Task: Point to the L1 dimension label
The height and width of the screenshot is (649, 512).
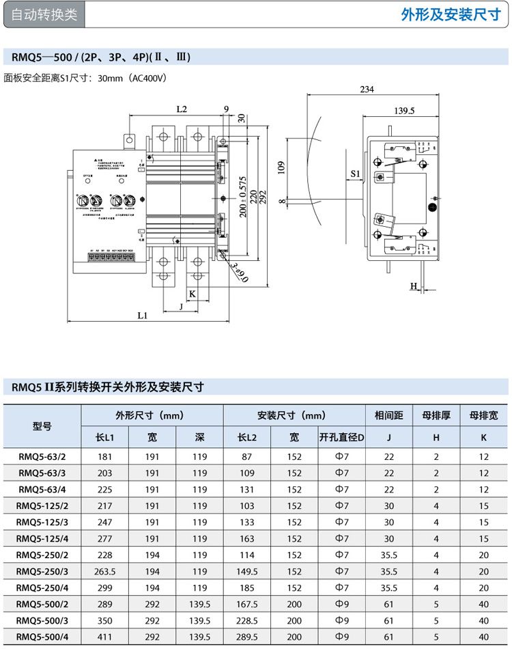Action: pyautogui.click(x=142, y=316)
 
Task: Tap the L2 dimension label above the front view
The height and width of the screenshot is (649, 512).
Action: pyautogui.click(x=182, y=109)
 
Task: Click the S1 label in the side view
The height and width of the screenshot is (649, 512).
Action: pyautogui.click(x=355, y=174)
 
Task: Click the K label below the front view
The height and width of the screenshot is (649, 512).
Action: pyautogui.click(x=193, y=294)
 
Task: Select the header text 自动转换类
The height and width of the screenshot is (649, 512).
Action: pyautogui.click(x=44, y=15)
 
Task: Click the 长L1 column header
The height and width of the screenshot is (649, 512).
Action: pyautogui.click(x=104, y=437)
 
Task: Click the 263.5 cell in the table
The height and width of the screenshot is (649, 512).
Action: pyautogui.click(x=104, y=571)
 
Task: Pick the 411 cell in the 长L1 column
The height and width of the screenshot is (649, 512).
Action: pyautogui.click(x=104, y=637)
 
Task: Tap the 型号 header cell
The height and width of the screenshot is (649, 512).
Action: pyautogui.click(x=42, y=426)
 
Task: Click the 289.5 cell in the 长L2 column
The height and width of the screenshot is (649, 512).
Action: pyautogui.click(x=246, y=637)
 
